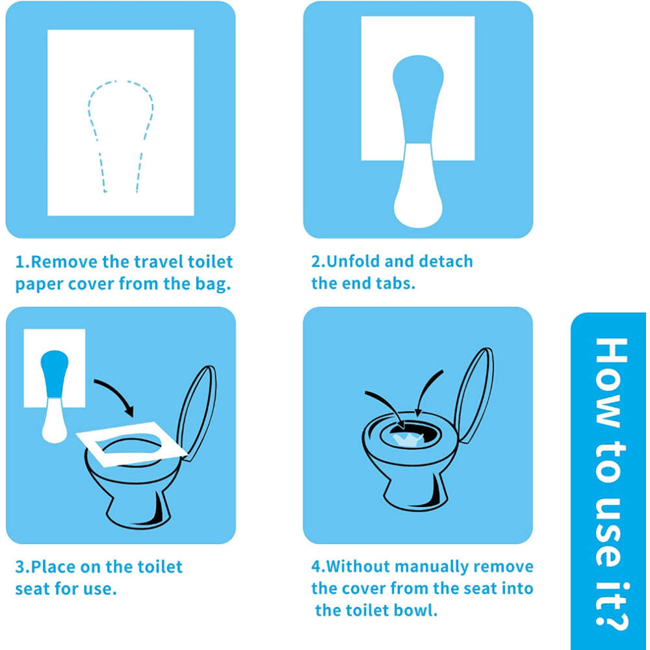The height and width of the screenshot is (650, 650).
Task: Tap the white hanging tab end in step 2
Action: (x=418, y=187)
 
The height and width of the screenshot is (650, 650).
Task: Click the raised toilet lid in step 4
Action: (x=473, y=396)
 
